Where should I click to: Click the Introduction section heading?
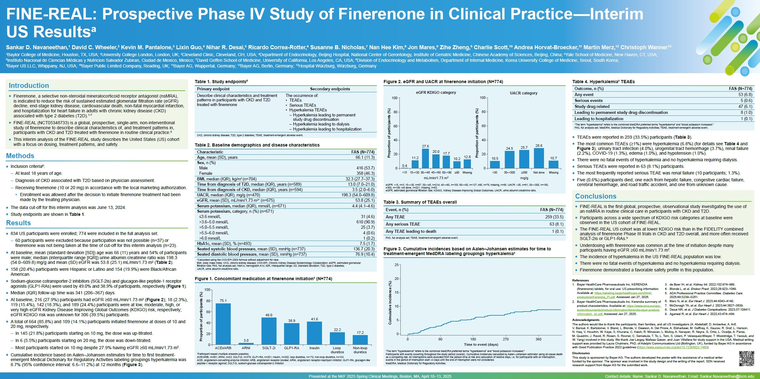29,86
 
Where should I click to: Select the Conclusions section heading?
596,196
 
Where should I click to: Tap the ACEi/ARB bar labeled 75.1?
223,324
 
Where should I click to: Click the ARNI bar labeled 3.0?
246,344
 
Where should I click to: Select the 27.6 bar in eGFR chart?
425,159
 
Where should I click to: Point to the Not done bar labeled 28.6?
539,158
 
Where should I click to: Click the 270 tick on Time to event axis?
506,339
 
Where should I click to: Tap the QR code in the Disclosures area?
746,359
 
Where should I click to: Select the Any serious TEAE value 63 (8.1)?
556,224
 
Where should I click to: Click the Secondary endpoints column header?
330,89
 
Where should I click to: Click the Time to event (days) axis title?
481,345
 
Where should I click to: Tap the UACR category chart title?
523,93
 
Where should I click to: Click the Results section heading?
18,223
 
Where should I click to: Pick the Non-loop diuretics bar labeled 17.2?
360,340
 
